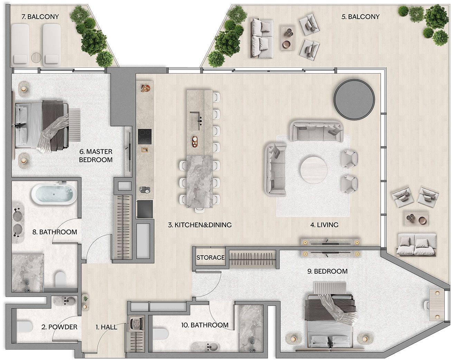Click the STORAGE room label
click(x=210, y=257)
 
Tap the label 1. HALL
click(x=106, y=327)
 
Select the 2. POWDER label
click(x=59, y=327)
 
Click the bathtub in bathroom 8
click(x=54, y=194)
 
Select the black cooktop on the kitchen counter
click(x=145, y=136)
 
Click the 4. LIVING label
click(x=324, y=225)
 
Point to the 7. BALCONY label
click(x=40, y=17)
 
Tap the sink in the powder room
click(x=66, y=301)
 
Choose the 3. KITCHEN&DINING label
click(x=200, y=225)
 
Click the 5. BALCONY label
click(x=360, y=17)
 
